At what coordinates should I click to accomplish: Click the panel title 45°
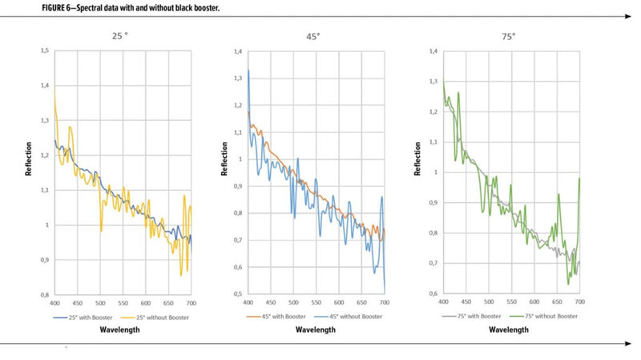pos(316,35)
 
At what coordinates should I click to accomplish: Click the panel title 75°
pos(510,36)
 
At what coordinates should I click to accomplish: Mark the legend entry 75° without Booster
pos(545,316)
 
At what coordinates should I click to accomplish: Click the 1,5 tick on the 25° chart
pos(44,51)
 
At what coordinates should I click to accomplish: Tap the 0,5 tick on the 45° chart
pos(237,293)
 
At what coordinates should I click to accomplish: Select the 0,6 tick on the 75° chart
pos(431,293)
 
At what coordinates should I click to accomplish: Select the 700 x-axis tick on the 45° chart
pos(385,303)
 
